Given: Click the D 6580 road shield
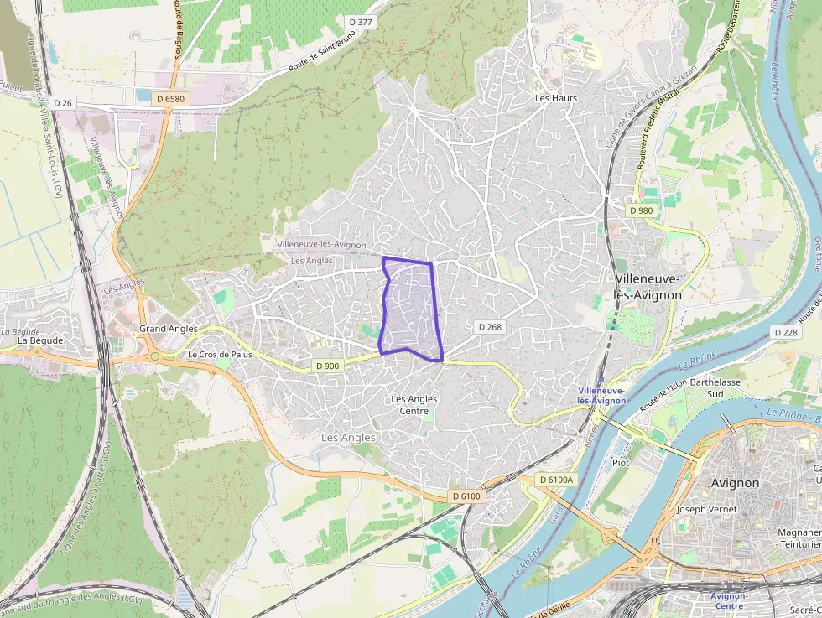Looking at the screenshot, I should click(x=169, y=99).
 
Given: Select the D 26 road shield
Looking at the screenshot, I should click(x=63, y=102).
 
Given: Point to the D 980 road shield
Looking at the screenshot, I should click(x=641, y=210).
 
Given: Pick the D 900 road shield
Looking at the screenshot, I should click(x=328, y=366).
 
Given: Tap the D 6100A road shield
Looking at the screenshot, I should click(x=556, y=480).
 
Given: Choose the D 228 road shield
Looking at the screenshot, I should click(x=786, y=333).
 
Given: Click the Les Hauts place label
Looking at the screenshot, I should click(x=556, y=98).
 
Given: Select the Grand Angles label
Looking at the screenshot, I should click(x=169, y=329).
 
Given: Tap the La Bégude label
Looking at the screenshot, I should click(x=40, y=340).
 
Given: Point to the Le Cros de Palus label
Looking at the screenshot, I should click(x=220, y=355).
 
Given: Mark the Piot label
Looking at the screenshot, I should click(x=621, y=462).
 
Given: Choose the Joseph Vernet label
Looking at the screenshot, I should click(x=706, y=509).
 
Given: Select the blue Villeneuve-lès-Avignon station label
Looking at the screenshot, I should click(x=601, y=396).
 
